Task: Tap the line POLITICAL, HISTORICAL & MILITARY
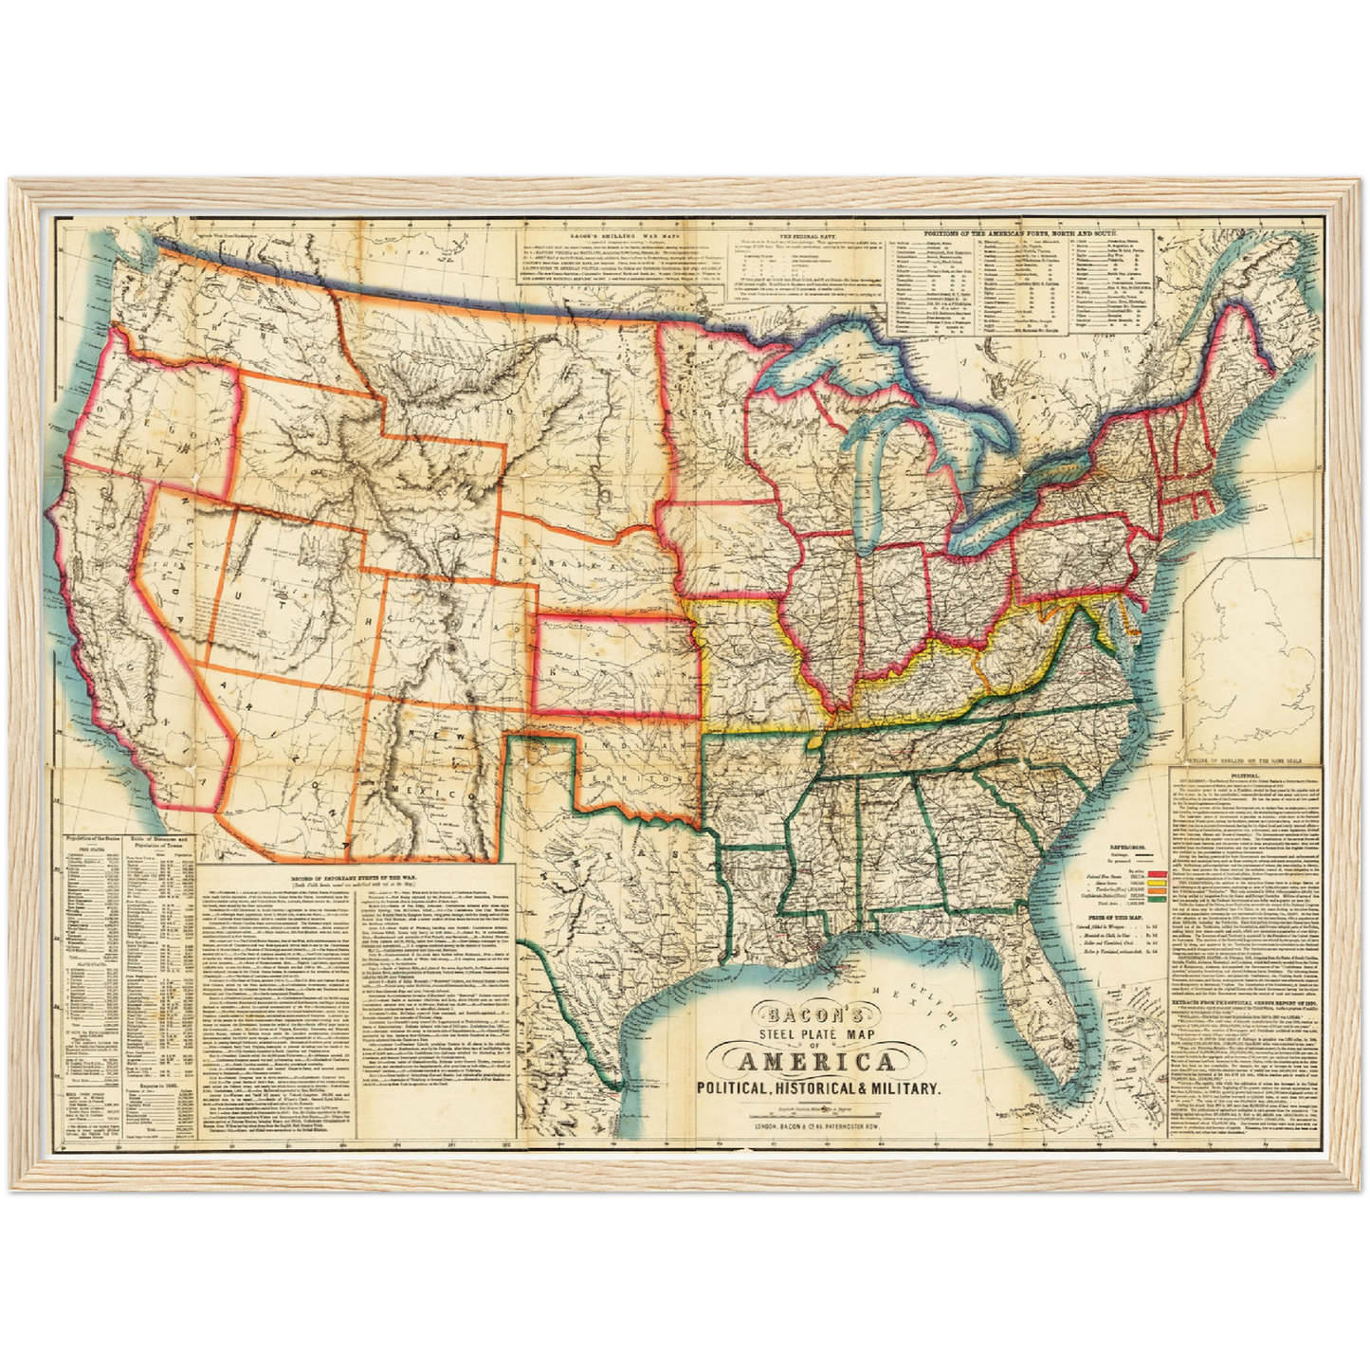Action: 818,1088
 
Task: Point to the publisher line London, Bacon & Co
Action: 817,1128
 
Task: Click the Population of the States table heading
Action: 93,840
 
